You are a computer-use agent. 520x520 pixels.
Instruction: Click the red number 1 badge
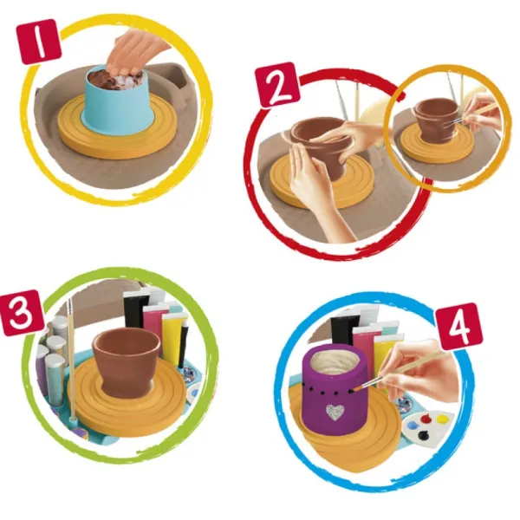click(x=40, y=41)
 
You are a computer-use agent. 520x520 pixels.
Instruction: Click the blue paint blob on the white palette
click(x=413, y=426)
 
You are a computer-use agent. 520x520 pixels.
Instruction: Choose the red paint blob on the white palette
click(x=426, y=419)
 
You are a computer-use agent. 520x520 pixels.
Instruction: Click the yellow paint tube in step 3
click(x=172, y=335)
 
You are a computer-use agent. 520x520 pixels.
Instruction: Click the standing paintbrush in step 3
click(x=71, y=361)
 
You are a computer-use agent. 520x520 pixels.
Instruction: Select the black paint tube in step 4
click(x=345, y=328)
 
